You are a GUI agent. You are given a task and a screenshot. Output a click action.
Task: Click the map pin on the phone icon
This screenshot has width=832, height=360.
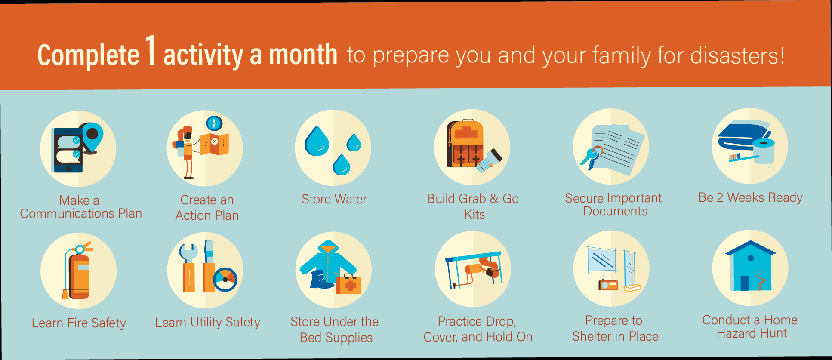tap(92, 137)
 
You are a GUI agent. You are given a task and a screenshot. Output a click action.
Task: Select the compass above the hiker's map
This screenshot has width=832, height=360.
tap(214, 123)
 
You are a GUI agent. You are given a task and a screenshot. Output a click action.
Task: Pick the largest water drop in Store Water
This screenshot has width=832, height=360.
tap(317, 141)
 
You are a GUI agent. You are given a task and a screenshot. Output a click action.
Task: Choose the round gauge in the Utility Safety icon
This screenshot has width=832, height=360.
tap(225, 280)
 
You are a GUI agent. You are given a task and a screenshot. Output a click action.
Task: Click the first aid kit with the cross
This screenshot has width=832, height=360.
tap(348, 283)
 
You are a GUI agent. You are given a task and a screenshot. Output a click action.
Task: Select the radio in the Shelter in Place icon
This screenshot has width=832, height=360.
tap(608, 284)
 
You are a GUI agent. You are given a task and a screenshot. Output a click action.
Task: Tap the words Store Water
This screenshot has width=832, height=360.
tap(334, 199)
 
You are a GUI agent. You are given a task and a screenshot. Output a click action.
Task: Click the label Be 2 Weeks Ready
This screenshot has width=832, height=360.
tap(751, 197)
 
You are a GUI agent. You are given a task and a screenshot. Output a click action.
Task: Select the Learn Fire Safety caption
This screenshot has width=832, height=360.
tap(79, 323)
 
